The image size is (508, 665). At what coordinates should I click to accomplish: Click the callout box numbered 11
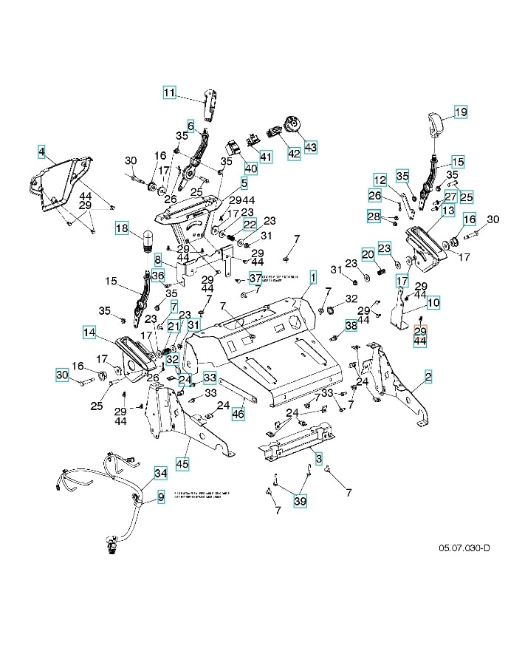(x=170, y=92)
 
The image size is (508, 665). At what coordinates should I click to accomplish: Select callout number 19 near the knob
(x=460, y=112)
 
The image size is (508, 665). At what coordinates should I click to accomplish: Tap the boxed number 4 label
(x=41, y=153)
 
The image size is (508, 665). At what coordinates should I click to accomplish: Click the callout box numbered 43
(x=309, y=146)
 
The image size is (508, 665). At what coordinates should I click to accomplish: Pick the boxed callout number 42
(x=293, y=153)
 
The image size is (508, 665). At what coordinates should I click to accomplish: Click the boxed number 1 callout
(x=313, y=277)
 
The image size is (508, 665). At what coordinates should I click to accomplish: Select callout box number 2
(x=428, y=377)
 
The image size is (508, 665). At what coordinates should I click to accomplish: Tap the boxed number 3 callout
(x=318, y=459)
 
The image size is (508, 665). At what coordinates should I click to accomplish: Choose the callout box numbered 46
(x=238, y=415)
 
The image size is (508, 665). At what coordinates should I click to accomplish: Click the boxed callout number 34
(x=160, y=472)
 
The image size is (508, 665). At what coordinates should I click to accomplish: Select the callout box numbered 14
(x=89, y=332)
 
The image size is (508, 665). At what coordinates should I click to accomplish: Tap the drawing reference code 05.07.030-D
(x=464, y=548)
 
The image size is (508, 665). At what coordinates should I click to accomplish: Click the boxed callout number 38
(x=351, y=325)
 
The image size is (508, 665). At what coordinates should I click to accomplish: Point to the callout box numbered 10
(x=433, y=302)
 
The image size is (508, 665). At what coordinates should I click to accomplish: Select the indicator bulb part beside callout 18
(x=146, y=241)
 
